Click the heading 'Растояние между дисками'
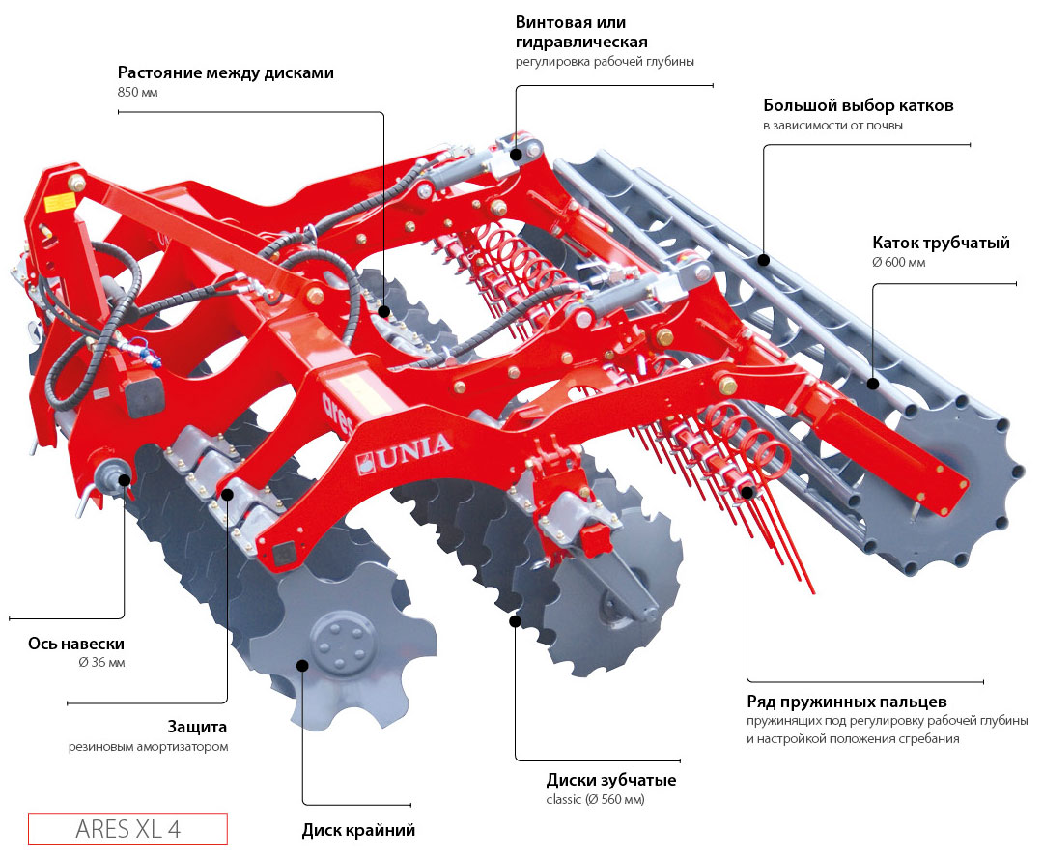click(x=226, y=72)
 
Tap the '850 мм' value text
click(x=137, y=93)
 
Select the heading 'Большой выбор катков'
click(x=858, y=105)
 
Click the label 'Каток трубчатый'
click(x=941, y=243)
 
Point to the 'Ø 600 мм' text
click(x=898, y=262)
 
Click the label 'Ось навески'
click(x=76, y=644)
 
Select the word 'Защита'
click(x=197, y=727)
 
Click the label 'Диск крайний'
click(x=358, y=830)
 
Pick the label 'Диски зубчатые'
click(x=610, y=780)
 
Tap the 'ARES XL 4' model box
click(x=127, y=829)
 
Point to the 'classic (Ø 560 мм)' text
click(x=595, y=800)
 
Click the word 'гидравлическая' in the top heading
click(x=580, y=43)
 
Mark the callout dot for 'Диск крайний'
click(x=302, y=665)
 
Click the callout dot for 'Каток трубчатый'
click(x=873, y=383)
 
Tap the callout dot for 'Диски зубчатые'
click(x=516, y=620)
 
